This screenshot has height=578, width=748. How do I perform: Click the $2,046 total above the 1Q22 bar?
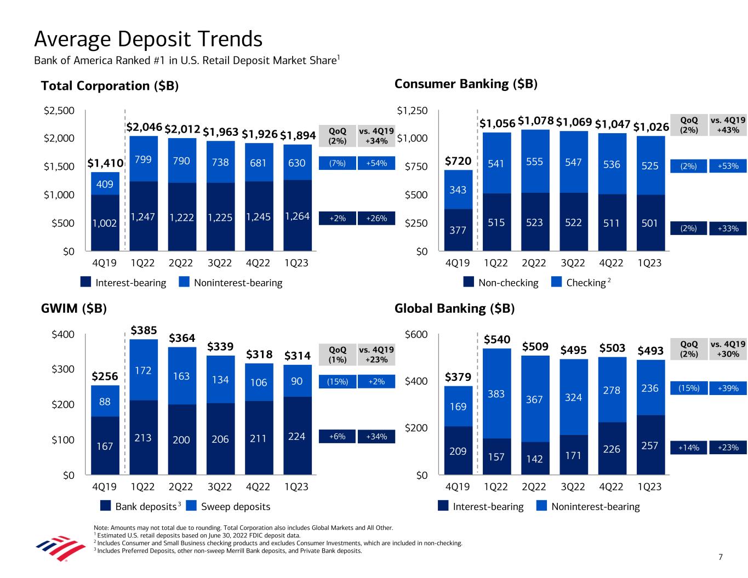click(145, 127)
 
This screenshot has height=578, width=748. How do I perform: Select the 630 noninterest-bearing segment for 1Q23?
click(297, 163)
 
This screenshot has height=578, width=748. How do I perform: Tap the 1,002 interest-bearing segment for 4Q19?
click(105, 223)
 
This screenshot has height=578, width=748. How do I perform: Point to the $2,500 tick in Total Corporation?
click(59, 111)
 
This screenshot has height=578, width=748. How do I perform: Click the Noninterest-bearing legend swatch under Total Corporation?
click(184, 283)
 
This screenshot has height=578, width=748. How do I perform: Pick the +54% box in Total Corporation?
click(376, 163)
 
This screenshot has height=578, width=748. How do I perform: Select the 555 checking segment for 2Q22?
click(535, 162)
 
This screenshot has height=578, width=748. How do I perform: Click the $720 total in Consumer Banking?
click(458, 161)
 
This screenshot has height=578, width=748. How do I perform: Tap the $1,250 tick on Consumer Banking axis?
click(412, 111)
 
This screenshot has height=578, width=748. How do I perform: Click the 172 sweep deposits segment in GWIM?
click(144, 371)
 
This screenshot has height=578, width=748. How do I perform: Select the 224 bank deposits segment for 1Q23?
click(297, 437)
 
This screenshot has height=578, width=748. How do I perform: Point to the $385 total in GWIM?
click(144, 330)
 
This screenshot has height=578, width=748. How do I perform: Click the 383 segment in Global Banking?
click(496, 393)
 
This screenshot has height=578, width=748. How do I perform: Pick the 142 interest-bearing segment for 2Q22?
click(535, 459)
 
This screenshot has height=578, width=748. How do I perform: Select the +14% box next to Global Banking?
click(689, 448)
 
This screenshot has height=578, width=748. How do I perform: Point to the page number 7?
click(721, 557)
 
